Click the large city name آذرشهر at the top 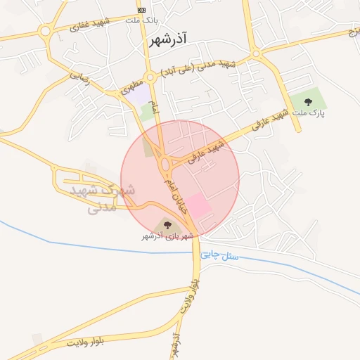coord(172,40)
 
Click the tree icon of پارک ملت coord(309,104)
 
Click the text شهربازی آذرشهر coord(167,237)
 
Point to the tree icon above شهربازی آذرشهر coord(167,225)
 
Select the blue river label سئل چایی coord(220,257)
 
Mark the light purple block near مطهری coord(141,93)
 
